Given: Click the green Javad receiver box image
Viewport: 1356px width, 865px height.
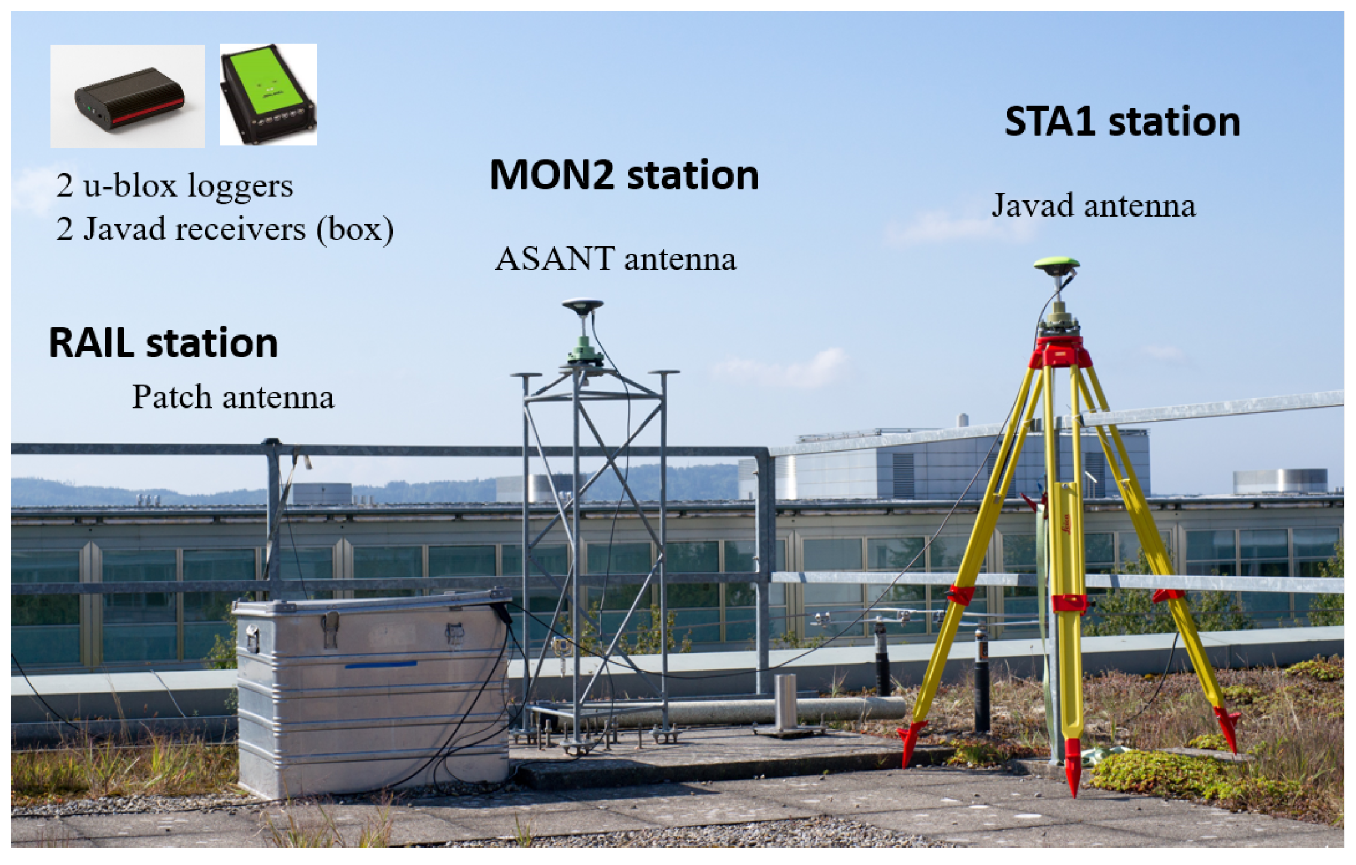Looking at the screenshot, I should (x=267, y=94).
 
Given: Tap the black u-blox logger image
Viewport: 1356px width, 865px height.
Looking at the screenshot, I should (x=128, y=98).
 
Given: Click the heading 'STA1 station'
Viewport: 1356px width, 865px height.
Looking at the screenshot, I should (x=1122, y=122).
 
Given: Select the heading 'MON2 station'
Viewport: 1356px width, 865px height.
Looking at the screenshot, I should (x=624, y=175).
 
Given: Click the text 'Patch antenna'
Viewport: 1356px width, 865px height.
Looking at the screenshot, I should (x=233, y=397).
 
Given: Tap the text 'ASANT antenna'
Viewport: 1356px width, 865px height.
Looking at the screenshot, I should (x=615, y=259).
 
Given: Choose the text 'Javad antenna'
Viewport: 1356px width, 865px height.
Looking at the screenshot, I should (x=1093, y=206).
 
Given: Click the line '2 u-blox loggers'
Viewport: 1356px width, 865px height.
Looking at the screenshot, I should (x=174, y=185).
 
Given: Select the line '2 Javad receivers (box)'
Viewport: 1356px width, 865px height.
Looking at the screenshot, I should (x=225, y=229).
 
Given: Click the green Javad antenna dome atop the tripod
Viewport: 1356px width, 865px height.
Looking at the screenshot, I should (x=1057, y=264).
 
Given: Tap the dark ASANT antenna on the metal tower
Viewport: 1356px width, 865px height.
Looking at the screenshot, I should (x=582, y=306).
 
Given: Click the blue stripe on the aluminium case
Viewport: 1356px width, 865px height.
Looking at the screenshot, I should (x=381, y=665).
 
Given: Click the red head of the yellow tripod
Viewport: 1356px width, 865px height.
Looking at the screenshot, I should (x=1060, y=353).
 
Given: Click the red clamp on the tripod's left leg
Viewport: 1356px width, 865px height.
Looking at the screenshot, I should (x=961, y=595).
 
